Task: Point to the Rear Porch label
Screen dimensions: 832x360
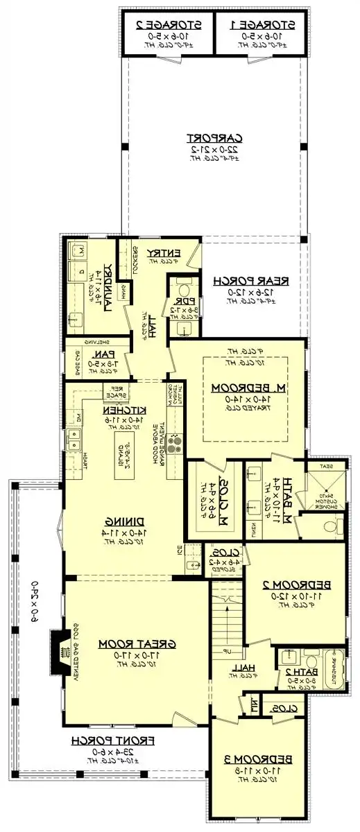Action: tap(251, 281)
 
